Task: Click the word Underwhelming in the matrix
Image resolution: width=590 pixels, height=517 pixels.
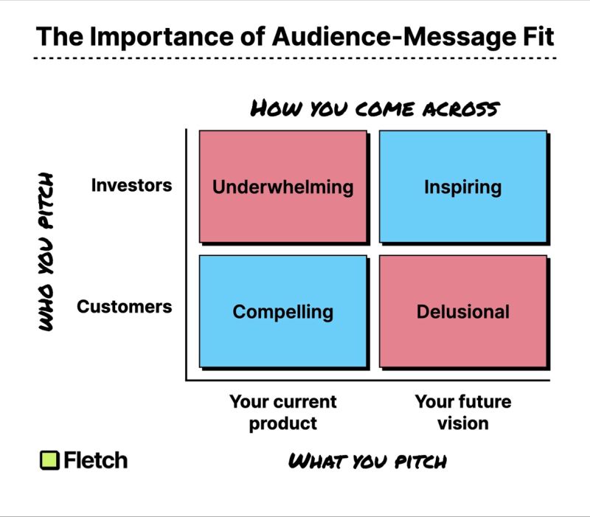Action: pyautogui.click(x=282, y=187)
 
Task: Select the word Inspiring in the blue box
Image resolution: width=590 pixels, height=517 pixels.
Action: pyautogui.click(x=462, y=187)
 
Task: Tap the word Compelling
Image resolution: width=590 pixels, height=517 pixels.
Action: pyautogui.click(x=282, y=311)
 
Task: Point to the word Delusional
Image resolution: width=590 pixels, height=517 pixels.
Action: pyautogui.click(x=462, y=311)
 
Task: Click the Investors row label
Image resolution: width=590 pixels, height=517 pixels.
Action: pyautogui.click(x=131, y=184)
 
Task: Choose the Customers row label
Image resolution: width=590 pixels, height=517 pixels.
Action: pyautogui.click(x=124, y=306)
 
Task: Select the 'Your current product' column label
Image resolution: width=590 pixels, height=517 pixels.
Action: pyautogui.click(x=282, y=412)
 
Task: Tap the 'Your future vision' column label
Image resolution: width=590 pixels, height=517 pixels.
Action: pyautogui.click(x=462, y=412)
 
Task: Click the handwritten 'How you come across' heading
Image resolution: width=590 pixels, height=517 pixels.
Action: pyautogui.click(x=375, y=109)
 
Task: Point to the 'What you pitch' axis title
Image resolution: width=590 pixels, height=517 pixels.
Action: pyautogui.click(x=367, y=462)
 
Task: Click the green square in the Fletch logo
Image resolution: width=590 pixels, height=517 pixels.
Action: pyautogui.click(x=49, y=460)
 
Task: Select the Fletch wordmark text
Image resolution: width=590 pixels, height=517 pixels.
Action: pyautogui.click(x=95, y=460)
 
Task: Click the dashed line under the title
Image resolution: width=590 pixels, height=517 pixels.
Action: pyautogui.click(x=295, y=58)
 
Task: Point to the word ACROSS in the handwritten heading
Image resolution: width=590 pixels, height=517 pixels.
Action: pyautogui.click(x=458, y=109)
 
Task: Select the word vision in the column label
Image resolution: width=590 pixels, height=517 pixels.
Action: pyautogui.click(x=462, y=423)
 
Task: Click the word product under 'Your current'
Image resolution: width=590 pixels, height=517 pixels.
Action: pyautogui.click(x=282, y=423)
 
